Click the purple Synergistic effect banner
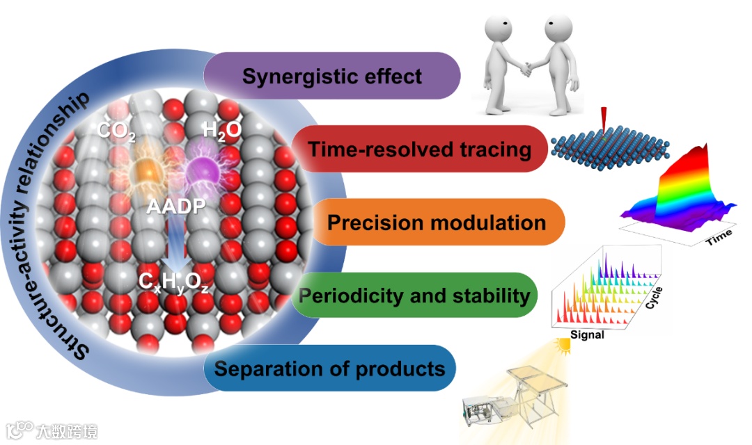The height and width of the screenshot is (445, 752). coord(332,76)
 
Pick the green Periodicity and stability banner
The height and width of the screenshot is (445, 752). coord(414,296)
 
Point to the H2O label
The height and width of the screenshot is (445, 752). coord(221,130)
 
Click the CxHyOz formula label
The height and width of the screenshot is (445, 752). coord(173,283)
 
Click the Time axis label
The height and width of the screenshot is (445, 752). coord(719,238)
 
